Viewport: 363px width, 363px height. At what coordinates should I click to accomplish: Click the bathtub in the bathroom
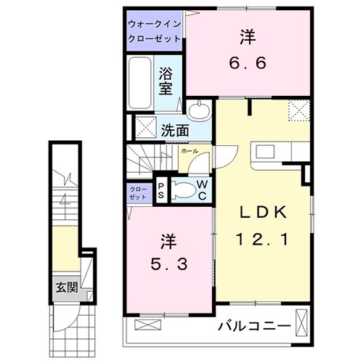pos(140,82)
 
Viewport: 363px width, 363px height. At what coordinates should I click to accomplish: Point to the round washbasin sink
pos(198,111)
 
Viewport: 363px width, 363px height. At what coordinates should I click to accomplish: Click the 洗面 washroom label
pos(175,131)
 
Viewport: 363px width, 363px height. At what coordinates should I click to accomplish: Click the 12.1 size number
pos(264,239)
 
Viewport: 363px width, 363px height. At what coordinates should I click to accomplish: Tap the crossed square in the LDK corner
pos(298,110)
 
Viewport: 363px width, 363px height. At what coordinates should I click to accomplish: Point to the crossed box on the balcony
pos(301,319)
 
